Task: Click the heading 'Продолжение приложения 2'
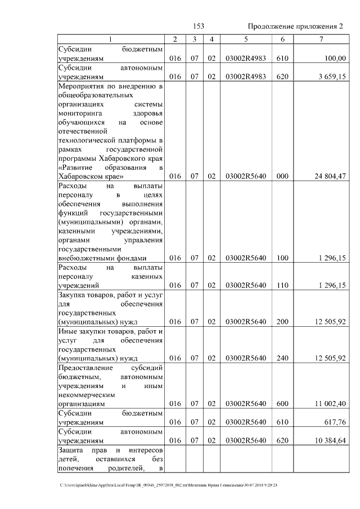tap(295, 26)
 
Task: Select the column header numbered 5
tap(245, 39)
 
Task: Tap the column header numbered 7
tap(320, 39)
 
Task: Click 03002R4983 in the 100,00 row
tap(245, 58)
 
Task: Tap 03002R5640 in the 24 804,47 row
tap(245, 176)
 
